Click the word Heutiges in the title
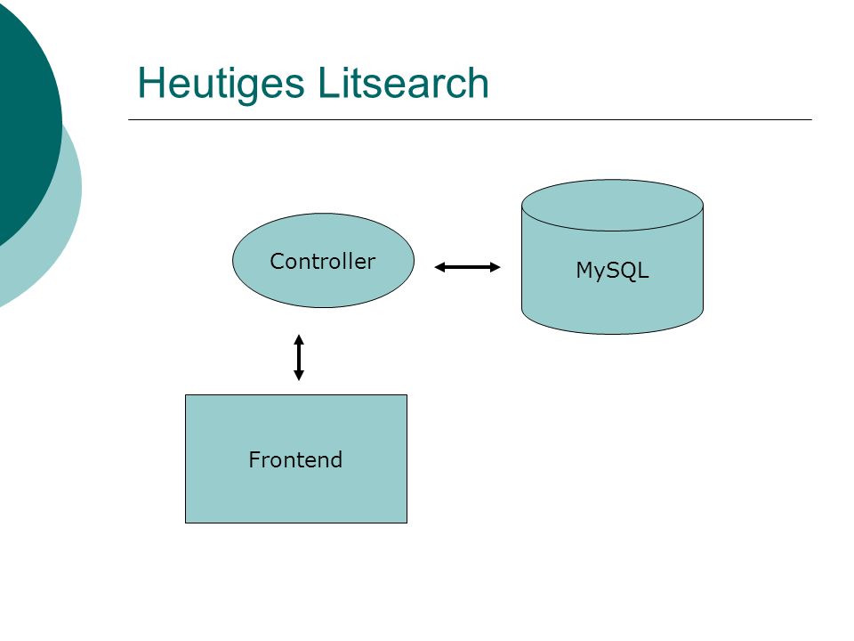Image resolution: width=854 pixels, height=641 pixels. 221,84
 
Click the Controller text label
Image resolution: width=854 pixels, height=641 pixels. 323,261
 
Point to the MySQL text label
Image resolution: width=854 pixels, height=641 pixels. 613,271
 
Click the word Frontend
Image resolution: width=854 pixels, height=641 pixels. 295,459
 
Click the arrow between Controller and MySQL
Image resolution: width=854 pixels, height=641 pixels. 467,267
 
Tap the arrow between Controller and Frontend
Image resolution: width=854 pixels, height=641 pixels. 299,357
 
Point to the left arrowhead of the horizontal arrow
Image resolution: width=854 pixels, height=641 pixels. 439,267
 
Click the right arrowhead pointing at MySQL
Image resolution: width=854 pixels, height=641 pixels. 495,267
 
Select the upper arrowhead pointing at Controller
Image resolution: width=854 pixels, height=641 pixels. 299,339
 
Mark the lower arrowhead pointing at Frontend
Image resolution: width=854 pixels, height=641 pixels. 299,375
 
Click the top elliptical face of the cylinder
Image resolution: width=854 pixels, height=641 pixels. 613,206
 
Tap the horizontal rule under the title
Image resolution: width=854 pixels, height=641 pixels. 470,119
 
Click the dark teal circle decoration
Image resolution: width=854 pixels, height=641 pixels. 25,120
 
